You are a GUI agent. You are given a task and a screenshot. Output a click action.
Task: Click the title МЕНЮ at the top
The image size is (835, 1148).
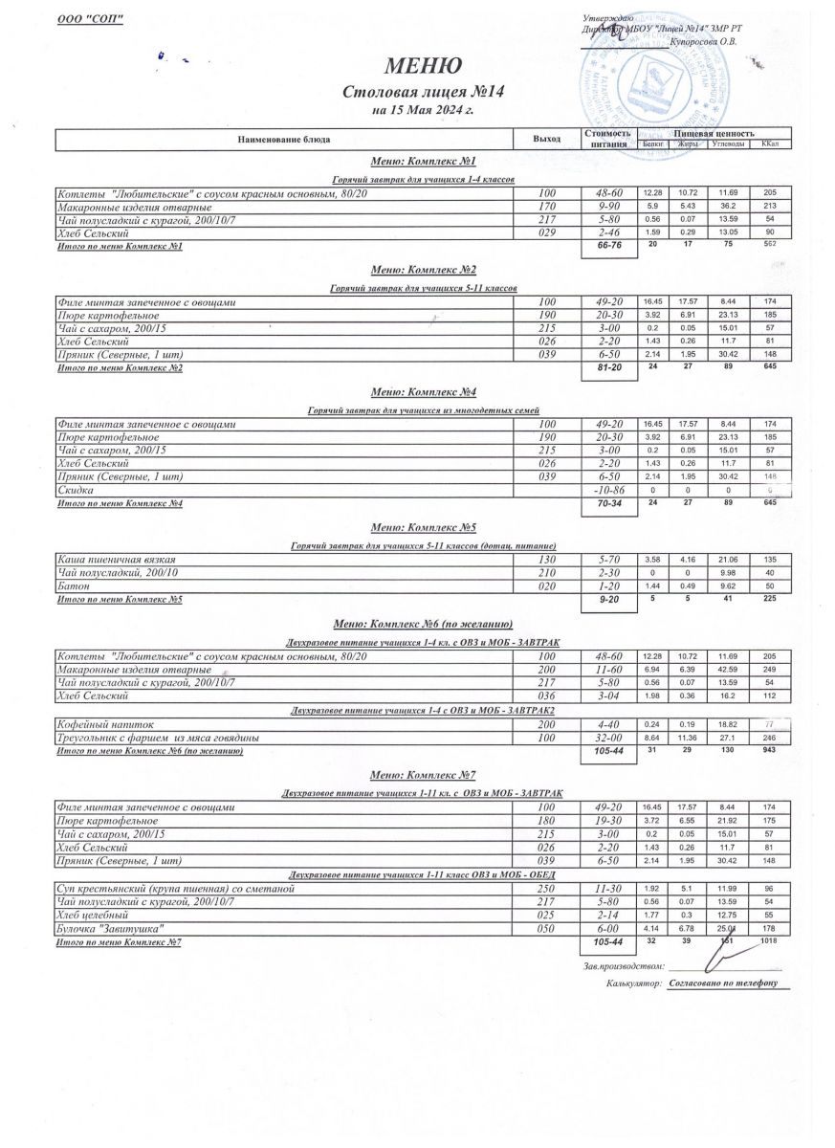click(x=423, y=65)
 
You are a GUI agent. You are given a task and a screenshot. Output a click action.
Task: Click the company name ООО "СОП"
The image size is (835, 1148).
click(x=91, y=21)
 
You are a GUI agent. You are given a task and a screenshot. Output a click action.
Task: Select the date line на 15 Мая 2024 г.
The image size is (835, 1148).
click(x=423, y=110)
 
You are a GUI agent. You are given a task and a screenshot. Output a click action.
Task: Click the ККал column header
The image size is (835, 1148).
click(x=770, y=144)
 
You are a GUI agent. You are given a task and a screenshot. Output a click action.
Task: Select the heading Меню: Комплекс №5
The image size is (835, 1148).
click(x=423, y=526)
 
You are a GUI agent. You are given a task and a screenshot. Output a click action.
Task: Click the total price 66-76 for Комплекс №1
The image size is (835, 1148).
click(x=608, y=246)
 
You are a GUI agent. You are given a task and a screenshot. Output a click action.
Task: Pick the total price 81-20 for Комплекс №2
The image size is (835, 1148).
click(x=608, y=367)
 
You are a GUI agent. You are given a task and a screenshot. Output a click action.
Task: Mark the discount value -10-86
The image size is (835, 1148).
click(x=608, y=490)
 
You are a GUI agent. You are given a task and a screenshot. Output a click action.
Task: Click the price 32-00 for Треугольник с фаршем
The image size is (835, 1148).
click(x=608, y=739)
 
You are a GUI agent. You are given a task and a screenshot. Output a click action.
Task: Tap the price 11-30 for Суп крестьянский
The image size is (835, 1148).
click(x=608, y=889)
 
